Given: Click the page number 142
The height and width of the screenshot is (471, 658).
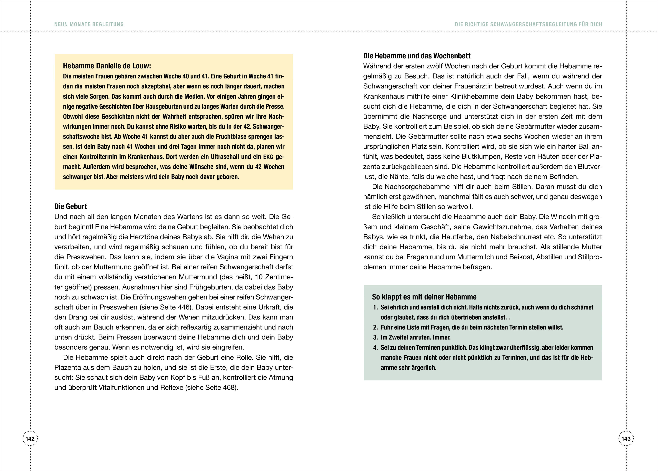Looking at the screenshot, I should pos(30,439).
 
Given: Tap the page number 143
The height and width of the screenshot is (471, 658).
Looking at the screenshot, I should pos(626,439).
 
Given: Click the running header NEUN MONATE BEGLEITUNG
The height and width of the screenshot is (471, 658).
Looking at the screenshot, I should pos(89,24).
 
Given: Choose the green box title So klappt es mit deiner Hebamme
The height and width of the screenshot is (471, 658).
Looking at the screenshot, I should pos(424,297).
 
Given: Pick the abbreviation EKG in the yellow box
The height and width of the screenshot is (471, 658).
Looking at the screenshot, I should pos(268,157).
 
